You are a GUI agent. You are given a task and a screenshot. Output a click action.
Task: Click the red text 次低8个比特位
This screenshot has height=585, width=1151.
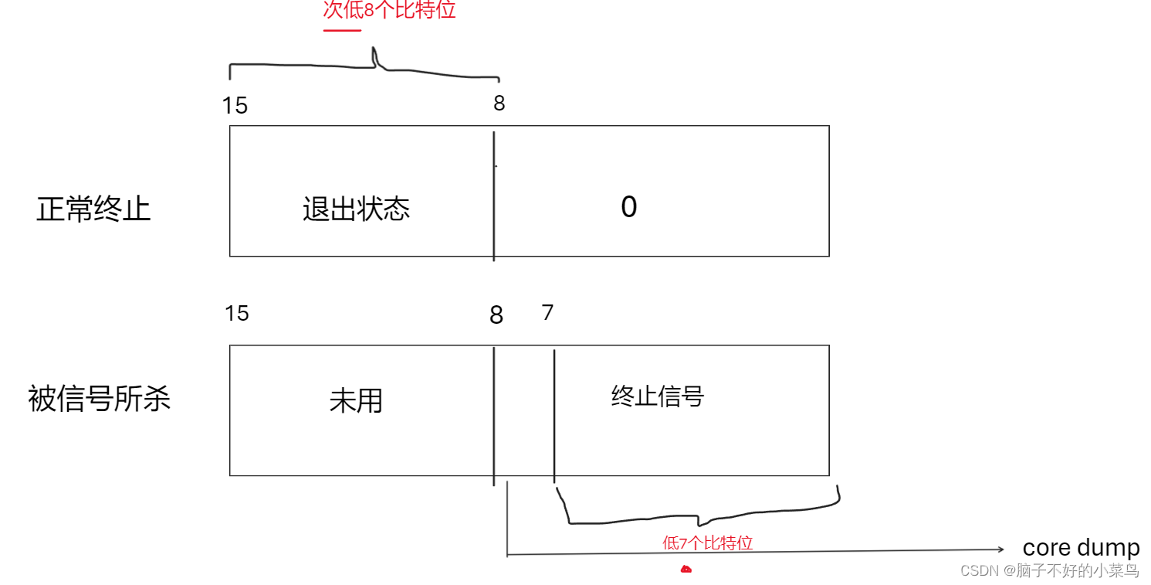click(x=389, y=10)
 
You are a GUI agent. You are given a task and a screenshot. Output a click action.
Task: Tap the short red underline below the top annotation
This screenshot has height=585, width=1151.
click(x=342, y=31)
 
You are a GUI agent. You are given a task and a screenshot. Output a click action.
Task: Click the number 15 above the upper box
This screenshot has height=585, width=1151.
click(x=235, y=106)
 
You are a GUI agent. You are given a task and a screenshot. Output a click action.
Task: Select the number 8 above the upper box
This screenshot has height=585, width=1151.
click(x=499, y=104)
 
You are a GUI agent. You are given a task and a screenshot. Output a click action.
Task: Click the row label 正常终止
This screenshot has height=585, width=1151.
click(x=93, y=209)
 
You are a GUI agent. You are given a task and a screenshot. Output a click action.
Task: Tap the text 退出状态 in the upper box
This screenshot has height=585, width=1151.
click(x=356, y=209)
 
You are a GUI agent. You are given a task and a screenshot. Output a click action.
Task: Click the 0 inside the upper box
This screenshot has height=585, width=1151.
click(x=629, y=207)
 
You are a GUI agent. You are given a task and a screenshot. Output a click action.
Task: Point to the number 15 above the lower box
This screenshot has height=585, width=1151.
click(x=237, y=313)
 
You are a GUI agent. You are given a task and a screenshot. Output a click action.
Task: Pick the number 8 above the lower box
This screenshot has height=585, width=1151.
click(x=496, y=315)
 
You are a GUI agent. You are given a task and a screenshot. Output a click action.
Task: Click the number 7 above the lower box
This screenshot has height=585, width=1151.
click(x=547, y=313)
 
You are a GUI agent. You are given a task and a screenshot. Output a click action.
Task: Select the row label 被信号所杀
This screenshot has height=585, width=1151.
click(x=99, y=399)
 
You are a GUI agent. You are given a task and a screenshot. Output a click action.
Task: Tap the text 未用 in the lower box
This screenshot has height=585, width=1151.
click(x=356, y=401)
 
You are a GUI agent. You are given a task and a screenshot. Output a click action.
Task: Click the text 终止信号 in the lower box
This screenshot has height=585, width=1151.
click(x=658, y=397)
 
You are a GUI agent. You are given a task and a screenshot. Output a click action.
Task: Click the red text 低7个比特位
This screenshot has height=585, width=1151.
click(x=707, y=542)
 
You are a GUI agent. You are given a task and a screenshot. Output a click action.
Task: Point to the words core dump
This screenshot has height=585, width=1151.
click(x=1081, y=548)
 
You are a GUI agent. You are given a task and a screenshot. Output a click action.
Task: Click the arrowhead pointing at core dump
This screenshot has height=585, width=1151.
click(x=1000, y=549)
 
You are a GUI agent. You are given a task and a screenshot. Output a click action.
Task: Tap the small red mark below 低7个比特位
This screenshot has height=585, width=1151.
click(x=686, y=570)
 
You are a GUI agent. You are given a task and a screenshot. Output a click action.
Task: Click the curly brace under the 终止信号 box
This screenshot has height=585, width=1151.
click(x=699, y=513)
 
